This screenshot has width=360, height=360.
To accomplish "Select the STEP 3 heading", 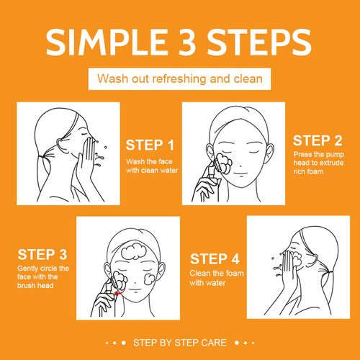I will (x=42, y=254).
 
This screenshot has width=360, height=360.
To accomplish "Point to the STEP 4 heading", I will (x=214, y=258).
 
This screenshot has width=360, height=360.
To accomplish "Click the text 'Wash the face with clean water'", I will (x=151, y=166).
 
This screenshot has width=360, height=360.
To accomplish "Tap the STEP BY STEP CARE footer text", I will (x=179, y=342).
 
